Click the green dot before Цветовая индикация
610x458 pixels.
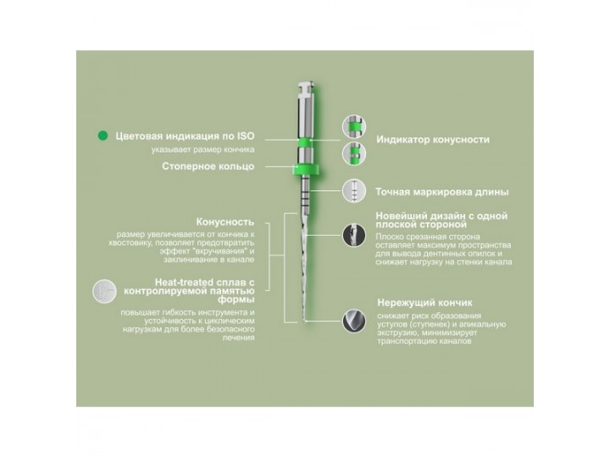point(103,135)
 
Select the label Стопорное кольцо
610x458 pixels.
point(208,166)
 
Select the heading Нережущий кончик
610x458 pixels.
point(424,301)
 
